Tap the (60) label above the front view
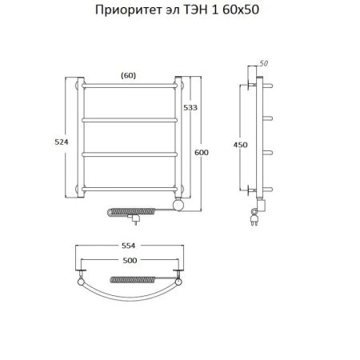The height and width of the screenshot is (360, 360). coord(128,74)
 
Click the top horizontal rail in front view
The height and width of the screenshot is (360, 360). coord(128,84)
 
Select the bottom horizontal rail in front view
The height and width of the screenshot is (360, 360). coord(128,189)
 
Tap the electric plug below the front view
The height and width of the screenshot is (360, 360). coord(138,215)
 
